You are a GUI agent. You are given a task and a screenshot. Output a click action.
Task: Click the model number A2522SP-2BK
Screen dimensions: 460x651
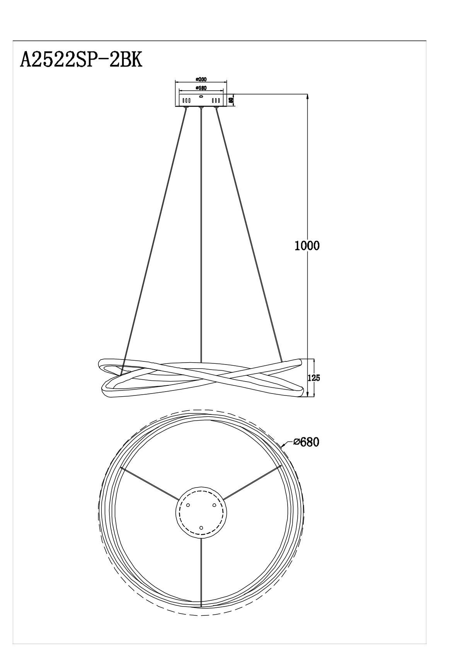point(81,60)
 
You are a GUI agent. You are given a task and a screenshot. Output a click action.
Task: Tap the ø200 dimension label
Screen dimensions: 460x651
point(201,79)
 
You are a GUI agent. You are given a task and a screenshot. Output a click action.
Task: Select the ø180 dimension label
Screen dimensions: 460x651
point(201,88)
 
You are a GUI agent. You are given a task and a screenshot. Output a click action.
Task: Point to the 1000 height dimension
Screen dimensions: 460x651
point(307,246)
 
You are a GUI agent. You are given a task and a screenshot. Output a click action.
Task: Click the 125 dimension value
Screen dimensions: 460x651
point(313,378)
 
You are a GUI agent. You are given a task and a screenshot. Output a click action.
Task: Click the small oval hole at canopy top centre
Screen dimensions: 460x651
point(201,96)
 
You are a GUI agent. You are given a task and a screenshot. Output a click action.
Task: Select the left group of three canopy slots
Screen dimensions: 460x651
point(186,101)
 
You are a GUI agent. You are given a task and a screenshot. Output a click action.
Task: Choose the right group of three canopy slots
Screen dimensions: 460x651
point(216,101)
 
